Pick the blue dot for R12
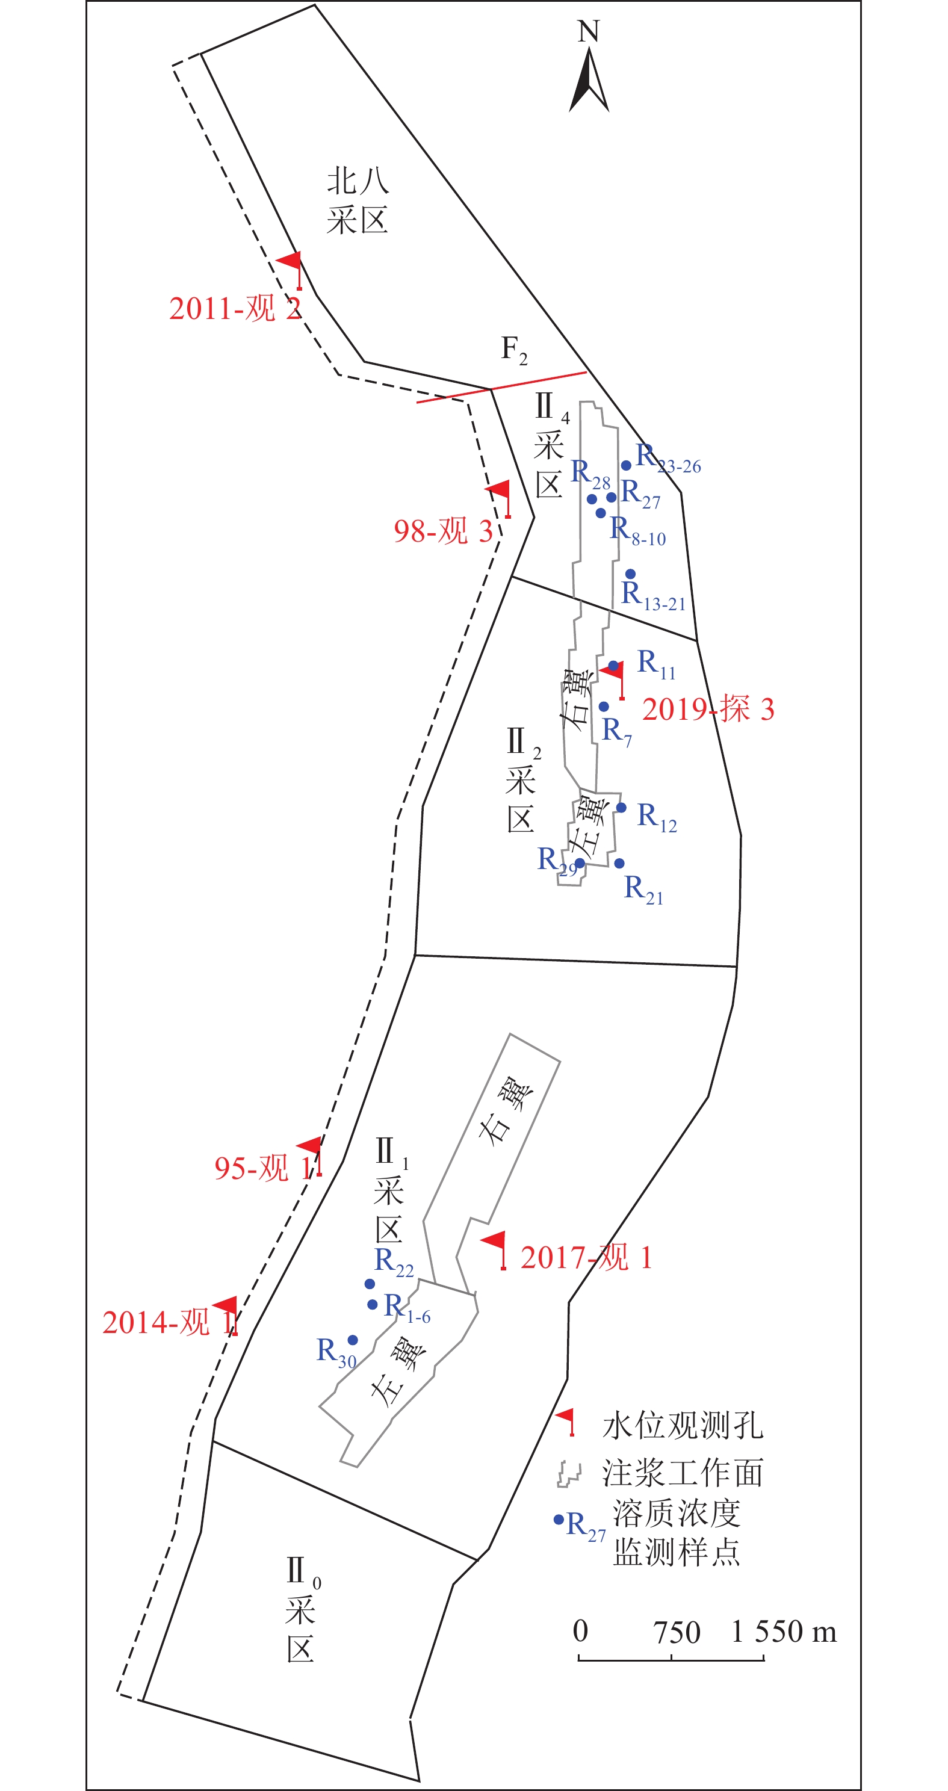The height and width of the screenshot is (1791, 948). pyautogui.click(x=621, y=808)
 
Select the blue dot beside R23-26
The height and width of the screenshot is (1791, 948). pyautogui.click(x=626, y=466)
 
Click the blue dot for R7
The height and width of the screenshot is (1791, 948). pyautogui.click(x=604, y=707)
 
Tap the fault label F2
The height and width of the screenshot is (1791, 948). pyautogui.click(x=514, y=350)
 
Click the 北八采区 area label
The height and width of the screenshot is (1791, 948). pyautogui.click(x=357, y=201)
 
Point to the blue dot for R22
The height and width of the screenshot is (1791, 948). pyautogui.click(x=370, y=1284)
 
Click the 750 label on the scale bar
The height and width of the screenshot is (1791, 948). pyautogui.click(x=676, y=1633)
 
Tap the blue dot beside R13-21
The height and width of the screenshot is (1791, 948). pyautogui.click(x=630, y=574)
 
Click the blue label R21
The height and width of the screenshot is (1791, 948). pyautogui.click(x=643, y=890)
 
